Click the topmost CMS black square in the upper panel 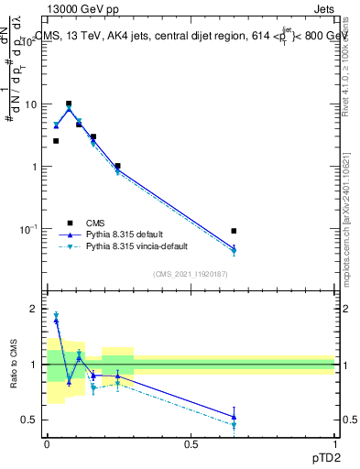(69, 104)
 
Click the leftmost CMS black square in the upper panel (56, 141)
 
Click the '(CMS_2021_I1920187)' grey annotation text (191, 273)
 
